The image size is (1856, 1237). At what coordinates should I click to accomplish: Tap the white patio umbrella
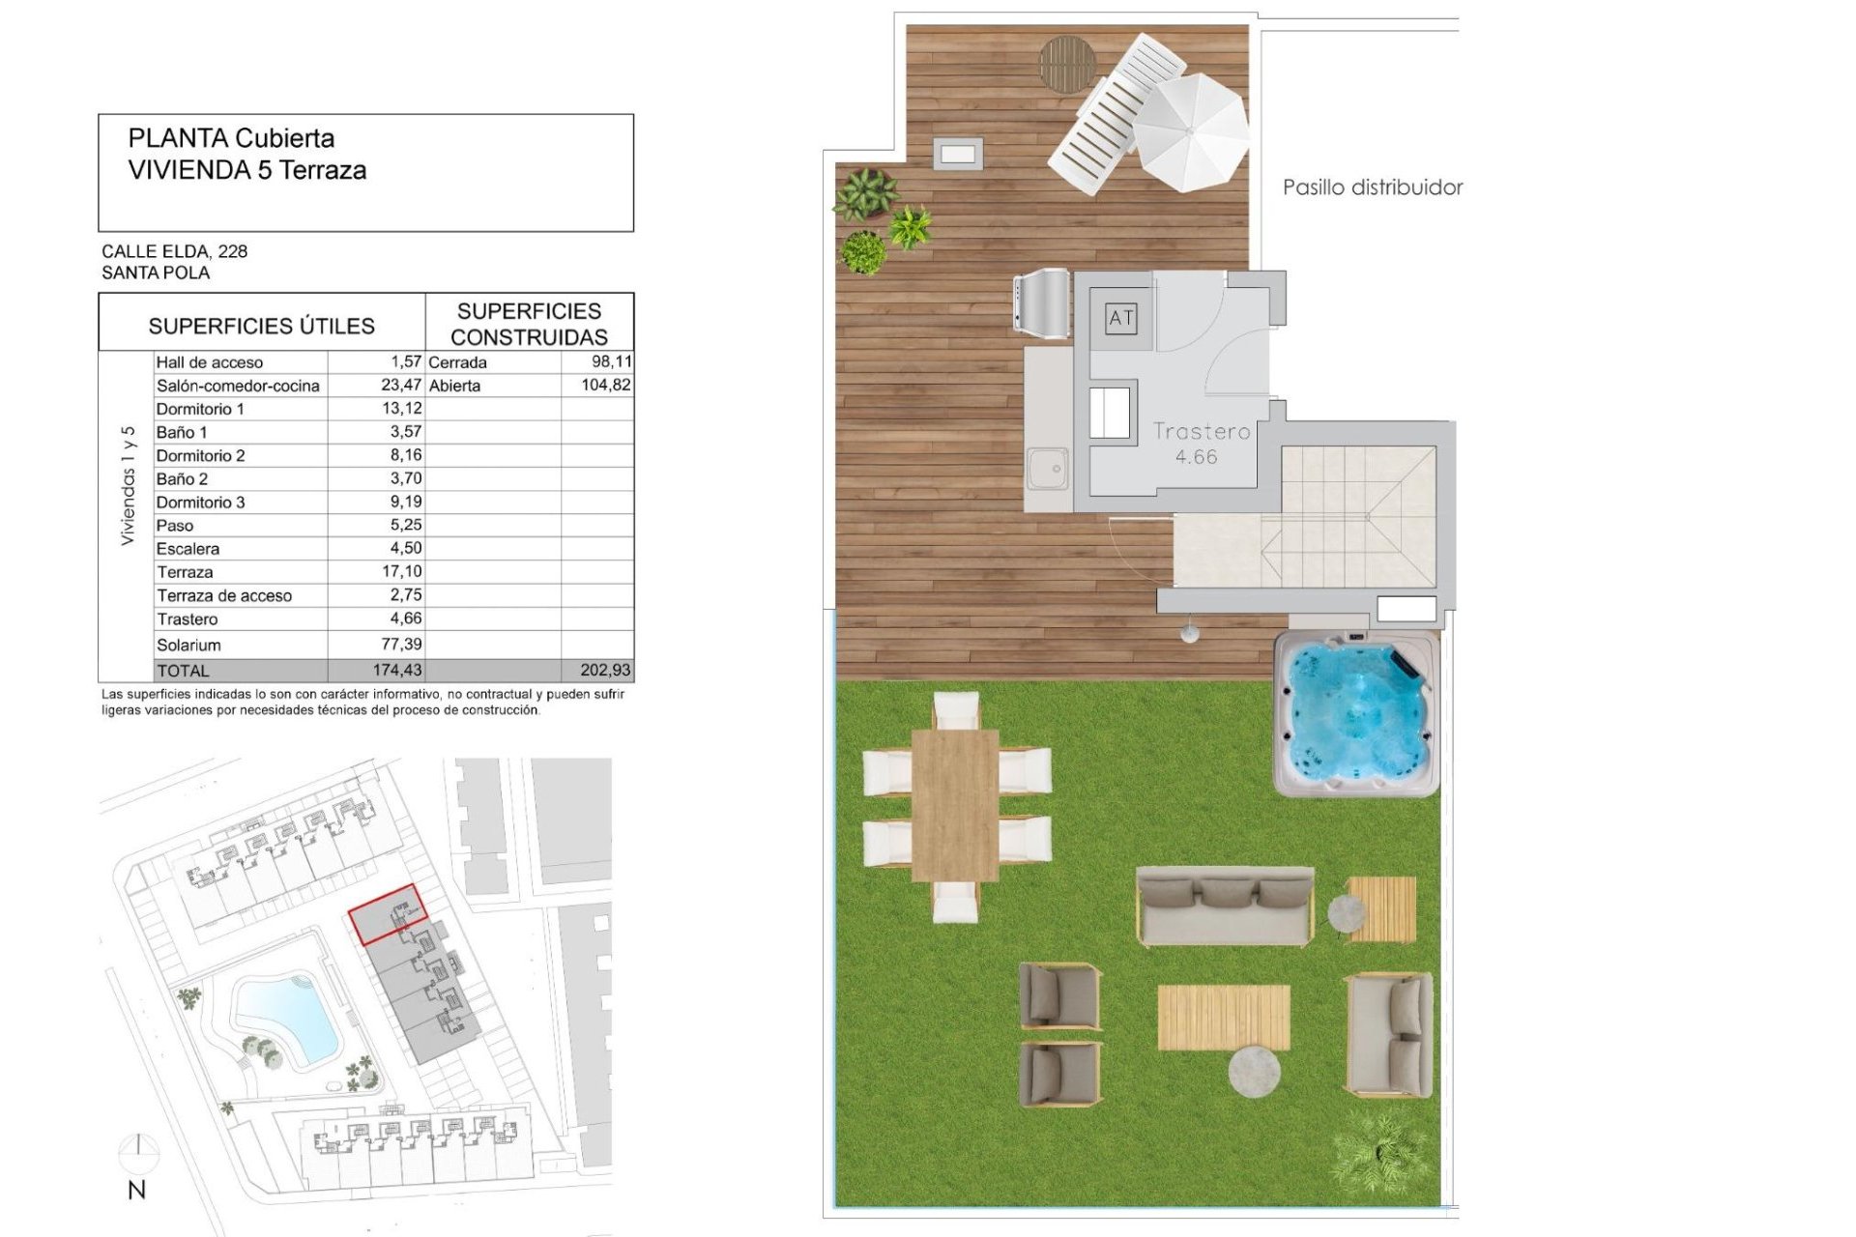pyautogui.click(x=1191, y=131)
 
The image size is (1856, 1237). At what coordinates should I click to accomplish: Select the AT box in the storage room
pyautogui.click(x=1121, y=318)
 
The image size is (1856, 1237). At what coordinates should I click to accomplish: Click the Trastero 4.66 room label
pyautogui.click(x=1201, y=444)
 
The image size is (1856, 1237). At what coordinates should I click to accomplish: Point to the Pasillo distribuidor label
pyautogui.click(x=1372, y=187)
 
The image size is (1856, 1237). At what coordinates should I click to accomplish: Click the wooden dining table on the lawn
pyautogui.click(x=955, y=805)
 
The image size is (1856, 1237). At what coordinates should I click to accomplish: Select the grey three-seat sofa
pyautogui.click(x=1225, y=906)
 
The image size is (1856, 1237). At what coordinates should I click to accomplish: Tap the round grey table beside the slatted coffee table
pyautogui.click(x=1254, y=1071)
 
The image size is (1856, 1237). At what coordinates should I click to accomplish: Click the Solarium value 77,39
pyautogui.click(x=401, y=645)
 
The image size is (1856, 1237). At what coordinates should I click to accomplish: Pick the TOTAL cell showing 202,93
pyautogui.click(x=605, y=670)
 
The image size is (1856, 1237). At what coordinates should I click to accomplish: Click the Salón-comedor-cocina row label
pyautogui.click(x=238, y=386)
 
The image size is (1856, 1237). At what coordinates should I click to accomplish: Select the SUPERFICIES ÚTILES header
pyautogui.click(x=261, y=326)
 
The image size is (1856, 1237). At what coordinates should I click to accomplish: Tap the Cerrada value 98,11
pyautogui.click(x=611, y=361)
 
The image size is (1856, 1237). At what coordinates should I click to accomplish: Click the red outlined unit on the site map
pyautogui.click(x=388, y=913)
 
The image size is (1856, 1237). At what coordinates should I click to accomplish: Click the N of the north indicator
pyautogui.click(x=137, y=1191)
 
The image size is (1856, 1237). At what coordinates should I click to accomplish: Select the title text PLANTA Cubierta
pyautogui.click(x=231, y=138)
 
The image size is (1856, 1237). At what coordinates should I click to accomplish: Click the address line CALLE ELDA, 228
pyautogui.click(x=174, y=251)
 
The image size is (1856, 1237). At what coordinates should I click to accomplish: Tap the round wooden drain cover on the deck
pyautogui.click(x=1067, y=64)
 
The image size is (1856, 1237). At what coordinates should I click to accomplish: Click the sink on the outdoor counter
pyautogui.click(x=1048, y=469)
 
